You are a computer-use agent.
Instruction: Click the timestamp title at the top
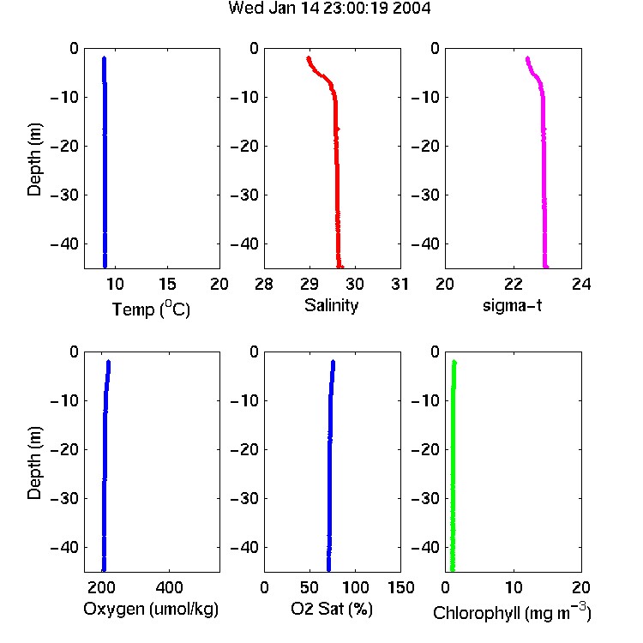tap(329, 9)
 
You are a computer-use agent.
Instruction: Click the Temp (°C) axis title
tap(151, 309)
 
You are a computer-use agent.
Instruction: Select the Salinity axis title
tap(331, 305)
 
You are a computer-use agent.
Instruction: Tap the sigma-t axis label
tap(512, 305)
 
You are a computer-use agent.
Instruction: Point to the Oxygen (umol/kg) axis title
tap(151, 609)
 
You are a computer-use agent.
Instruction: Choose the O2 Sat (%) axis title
tap(331, 609)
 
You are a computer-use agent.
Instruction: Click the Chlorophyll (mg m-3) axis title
tap(512, 612)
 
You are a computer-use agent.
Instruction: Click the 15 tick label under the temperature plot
tap(167, 284)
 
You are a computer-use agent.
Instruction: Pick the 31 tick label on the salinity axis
tap(400, 284)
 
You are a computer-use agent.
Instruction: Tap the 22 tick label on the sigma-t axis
tap(514, 284)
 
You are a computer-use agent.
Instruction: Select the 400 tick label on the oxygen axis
tap(169, 587)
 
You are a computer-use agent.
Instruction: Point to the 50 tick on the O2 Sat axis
tap(309, 587)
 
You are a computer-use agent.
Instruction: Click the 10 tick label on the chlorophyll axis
tap(514, 587)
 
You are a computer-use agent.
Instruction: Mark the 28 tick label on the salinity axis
tap(264, 284)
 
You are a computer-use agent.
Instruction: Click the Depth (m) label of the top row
tap(34, 159)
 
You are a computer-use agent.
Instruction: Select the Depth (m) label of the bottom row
tap(34, 463)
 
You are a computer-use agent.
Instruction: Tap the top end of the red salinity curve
tap(309, 58)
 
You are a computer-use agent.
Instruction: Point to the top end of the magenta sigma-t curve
tap(527, 58)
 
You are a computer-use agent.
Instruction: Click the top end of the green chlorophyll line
tap(454, 362)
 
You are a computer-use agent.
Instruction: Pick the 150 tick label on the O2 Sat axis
tap(400, 587)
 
